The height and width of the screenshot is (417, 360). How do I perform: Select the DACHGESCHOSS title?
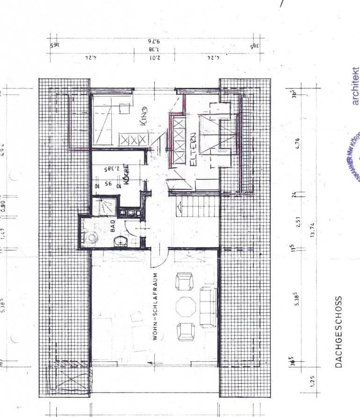click(339, 331)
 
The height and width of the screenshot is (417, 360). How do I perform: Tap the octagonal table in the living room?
click(186, 307)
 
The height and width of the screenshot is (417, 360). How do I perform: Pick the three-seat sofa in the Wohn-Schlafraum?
click(208, 307)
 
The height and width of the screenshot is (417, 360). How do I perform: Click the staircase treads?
click(197, 206)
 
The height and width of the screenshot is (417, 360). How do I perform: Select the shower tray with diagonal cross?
click(100, 206)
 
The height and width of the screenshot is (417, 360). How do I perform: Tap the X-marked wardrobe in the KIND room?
click(133, 139)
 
